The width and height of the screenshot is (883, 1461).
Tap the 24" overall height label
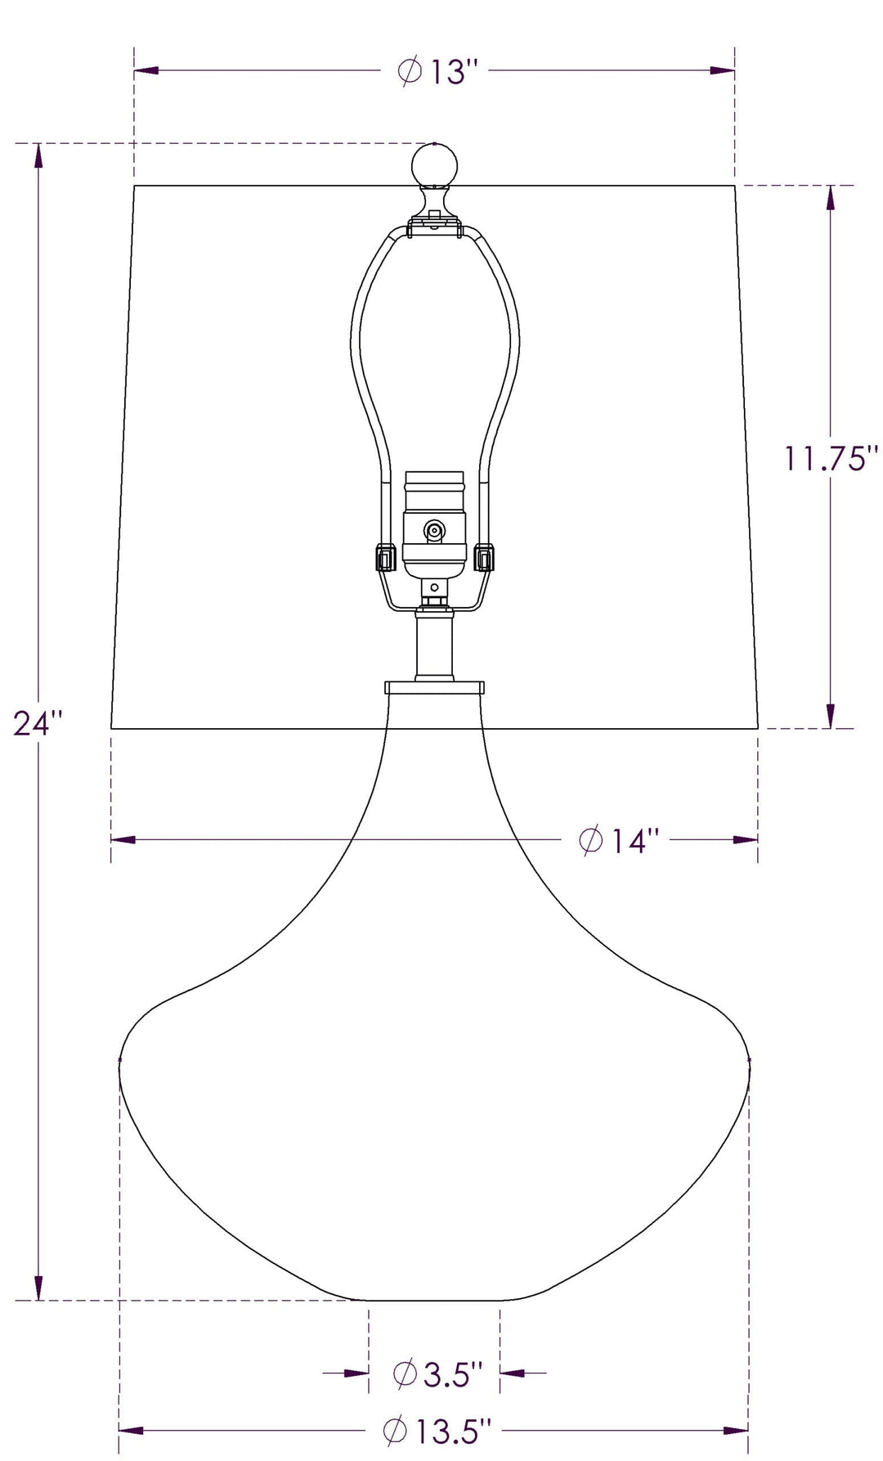[38, 723]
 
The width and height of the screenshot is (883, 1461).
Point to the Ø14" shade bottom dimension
[619, 840]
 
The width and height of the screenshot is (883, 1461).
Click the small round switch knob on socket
[433, 531]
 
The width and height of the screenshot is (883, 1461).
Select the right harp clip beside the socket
[485, 559]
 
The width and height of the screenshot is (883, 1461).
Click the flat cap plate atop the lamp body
[434, 687]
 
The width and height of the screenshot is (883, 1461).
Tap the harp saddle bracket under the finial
[434, 225]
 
